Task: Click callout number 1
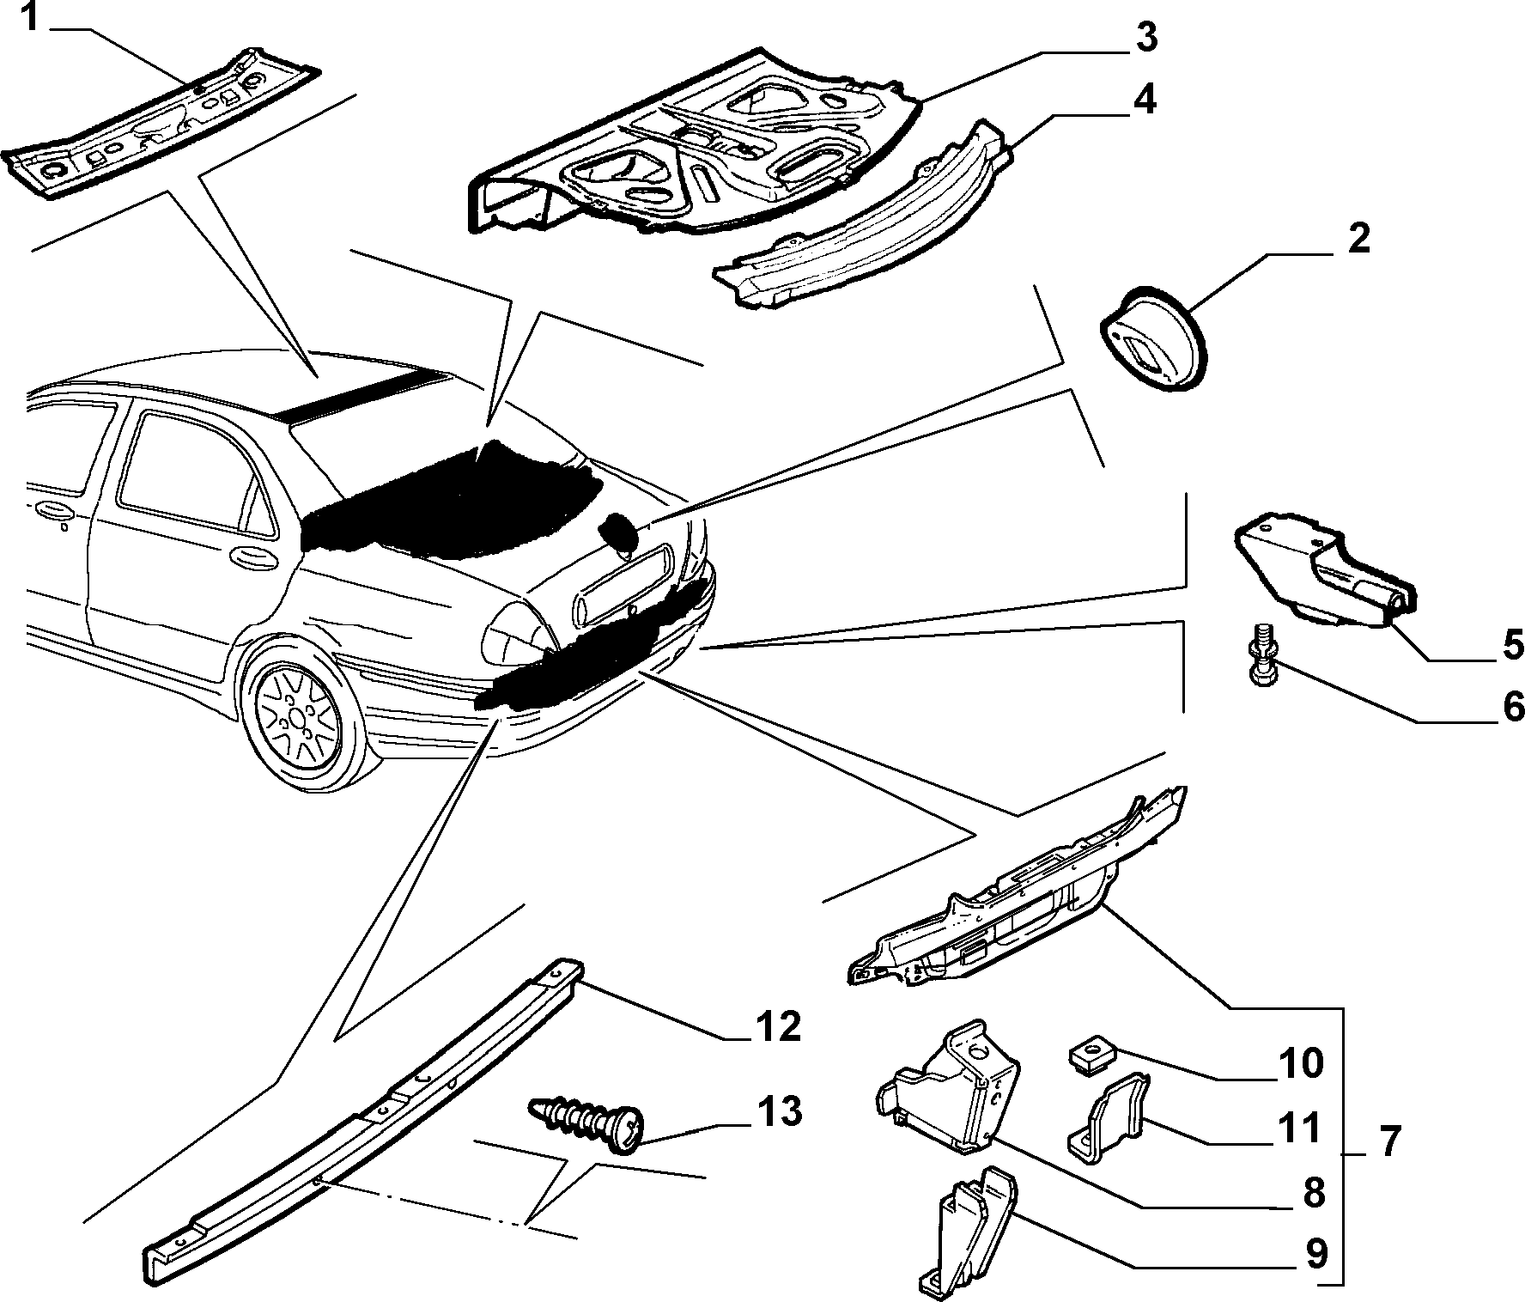pos(30,16)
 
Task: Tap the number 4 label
pos(1144,100)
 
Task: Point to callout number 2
pos(1358,240)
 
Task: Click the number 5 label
pos(1511,644)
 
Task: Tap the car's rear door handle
pos(254,557)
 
